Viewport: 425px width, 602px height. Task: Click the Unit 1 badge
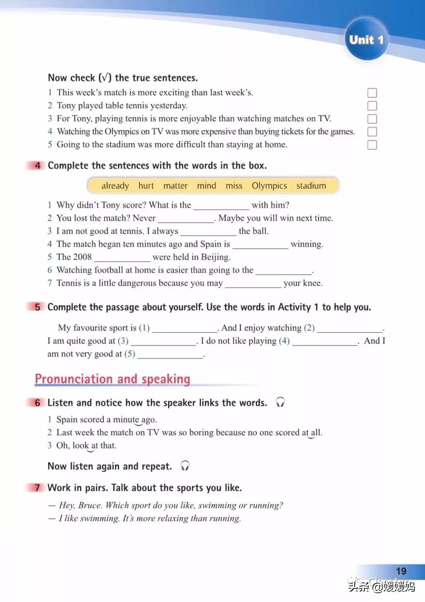(x=366, y=39)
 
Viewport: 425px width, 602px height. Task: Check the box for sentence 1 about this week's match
(x=372, y=93)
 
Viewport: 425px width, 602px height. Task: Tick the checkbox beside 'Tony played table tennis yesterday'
(x=372, y=106)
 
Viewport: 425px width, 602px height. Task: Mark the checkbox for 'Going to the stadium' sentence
(x=372, y=145)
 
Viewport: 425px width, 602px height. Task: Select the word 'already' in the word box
(x=115, y=186)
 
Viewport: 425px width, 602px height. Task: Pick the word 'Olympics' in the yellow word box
(x=269, y=186)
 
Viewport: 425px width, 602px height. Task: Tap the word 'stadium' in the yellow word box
(x=311, y=186)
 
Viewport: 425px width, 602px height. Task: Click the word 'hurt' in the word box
(x=146, y=186)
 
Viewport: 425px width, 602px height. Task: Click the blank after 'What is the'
(x=221, y=206)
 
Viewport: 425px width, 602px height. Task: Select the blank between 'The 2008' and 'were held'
(x=122, y=258)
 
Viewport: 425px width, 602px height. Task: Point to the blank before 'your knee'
(x=253, y=284)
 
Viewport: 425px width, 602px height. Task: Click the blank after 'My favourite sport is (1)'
(x=185, y=329)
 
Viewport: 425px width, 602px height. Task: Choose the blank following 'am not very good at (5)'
(x=170, y=355)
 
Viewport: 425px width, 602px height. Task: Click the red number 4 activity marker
(x=37, y=166)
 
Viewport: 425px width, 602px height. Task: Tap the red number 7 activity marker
(x=37, y=488)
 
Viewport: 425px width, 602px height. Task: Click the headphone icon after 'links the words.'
(x=280, y=402)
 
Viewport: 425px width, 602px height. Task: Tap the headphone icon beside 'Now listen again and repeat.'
(x=185, y=466)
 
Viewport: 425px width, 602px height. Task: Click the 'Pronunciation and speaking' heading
(x=112, y=379)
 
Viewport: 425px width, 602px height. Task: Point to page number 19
(x=401, y=571)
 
